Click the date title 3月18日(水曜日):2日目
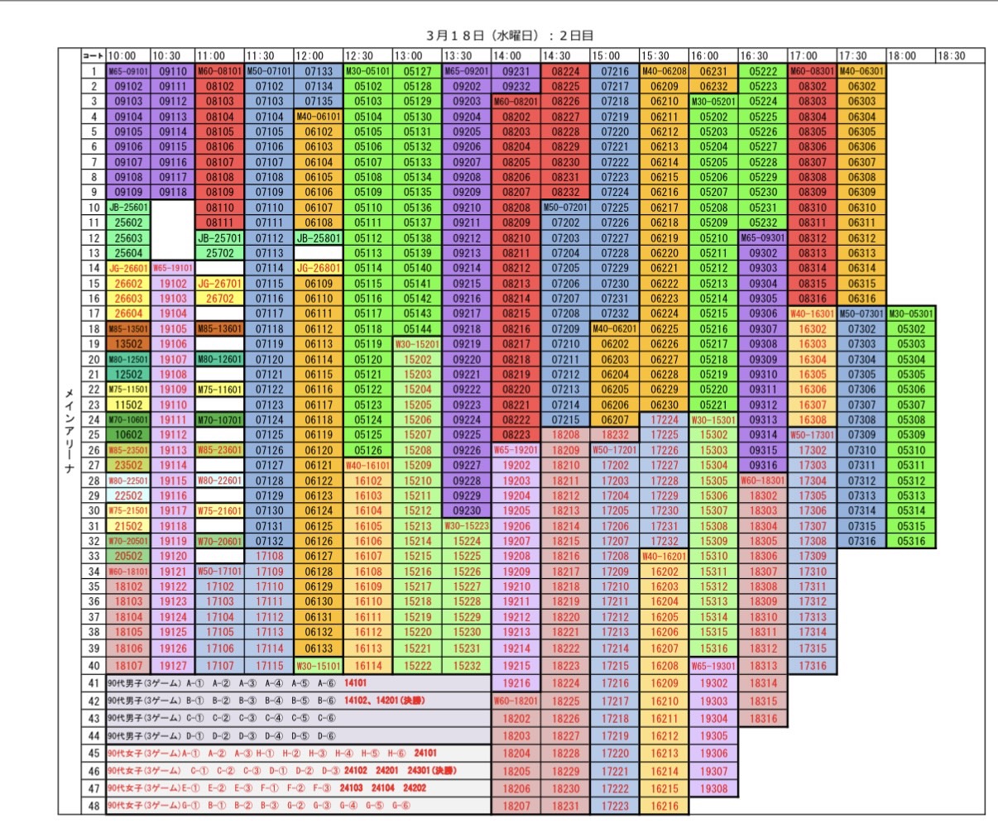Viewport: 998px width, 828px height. (x=510, y=36)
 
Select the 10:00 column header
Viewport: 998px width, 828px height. (x=122, y=56)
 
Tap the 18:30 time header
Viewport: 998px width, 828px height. (x=952, y=56)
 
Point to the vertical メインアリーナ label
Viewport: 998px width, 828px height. (x=70, y=430)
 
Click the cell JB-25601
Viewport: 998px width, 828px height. (x=128, y=208)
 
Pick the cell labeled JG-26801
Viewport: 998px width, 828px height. (x=319, y=268)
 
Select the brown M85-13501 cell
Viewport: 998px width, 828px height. (x=128, y=329)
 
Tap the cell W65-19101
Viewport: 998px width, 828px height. (x=173, y=268)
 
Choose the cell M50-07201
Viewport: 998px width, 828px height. (x=565, y=208)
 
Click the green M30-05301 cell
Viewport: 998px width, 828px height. (x=910, y=313)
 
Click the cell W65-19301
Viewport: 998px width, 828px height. (x=713, y=666)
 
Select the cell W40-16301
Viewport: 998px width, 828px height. (x=812, y=313)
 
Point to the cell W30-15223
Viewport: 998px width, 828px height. (x=467, y=526)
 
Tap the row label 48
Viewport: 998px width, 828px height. (x=94, y=806)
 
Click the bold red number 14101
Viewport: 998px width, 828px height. (x=355, y=683)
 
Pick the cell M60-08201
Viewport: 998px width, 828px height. (x=516, y=102)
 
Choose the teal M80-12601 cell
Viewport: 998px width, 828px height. (x=220, y=359)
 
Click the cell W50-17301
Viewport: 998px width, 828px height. (x=812, y=435)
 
